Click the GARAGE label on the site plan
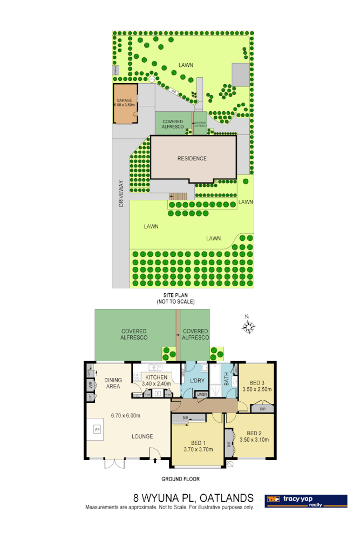coord(124,100)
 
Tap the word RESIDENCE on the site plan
coord(192,158)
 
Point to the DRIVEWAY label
coord(121,193)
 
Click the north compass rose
coord(248,327)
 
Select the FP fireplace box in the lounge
coord(98,429)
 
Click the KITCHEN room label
coord(156,377)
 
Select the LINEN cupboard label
coord(202,395)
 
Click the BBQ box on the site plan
coord(174,92)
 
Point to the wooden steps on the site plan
coord(179,195)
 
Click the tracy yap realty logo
coord(305,501)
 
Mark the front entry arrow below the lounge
coord(155,461)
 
